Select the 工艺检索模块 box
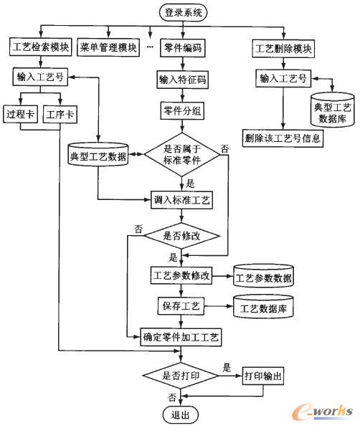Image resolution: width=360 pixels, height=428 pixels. coord(40,49)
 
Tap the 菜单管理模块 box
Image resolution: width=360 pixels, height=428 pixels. coord(108,49)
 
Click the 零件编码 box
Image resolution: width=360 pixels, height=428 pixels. coord(182,49)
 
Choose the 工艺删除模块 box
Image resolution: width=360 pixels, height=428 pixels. coord(283,49)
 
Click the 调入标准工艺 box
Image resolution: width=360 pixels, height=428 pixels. coord(182,199)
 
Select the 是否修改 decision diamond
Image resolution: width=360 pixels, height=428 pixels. coord(182,234)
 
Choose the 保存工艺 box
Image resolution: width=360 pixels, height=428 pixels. coord(181,306)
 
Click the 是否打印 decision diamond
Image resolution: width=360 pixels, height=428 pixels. coord(182,374)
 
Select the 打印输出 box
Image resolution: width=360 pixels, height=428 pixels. coord(264,375)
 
